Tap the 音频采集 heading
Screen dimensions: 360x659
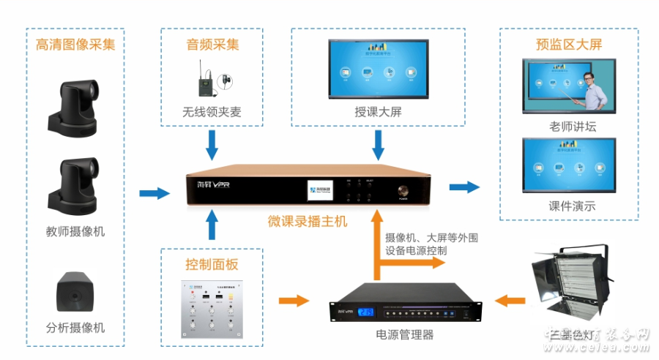click(x=212, y=45)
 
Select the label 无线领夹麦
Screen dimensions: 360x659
click(x=212, y=113)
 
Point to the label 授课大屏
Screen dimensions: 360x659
click(x=378, y=113)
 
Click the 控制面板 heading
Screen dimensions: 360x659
click(x=212, y=264)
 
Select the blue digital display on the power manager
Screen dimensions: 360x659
click(x=365, y=312)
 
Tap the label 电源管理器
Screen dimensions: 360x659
click(x=404, y=335)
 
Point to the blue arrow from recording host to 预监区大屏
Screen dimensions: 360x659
click(x=463, y=187)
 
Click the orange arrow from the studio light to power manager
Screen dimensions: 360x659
click(x=510, y=300)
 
